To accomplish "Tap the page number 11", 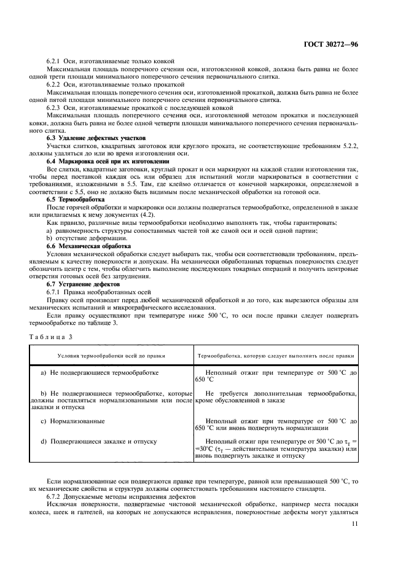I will click(x=354, y=523).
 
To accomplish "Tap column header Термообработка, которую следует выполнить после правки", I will click(x=275, y=355).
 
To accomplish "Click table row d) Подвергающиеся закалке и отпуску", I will click(x=98, y=441).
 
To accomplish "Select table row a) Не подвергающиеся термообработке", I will click(x=100, y=372).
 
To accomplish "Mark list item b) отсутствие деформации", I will click(x=78, y=238).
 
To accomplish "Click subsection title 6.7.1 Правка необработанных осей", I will click(x=98, y=293).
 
